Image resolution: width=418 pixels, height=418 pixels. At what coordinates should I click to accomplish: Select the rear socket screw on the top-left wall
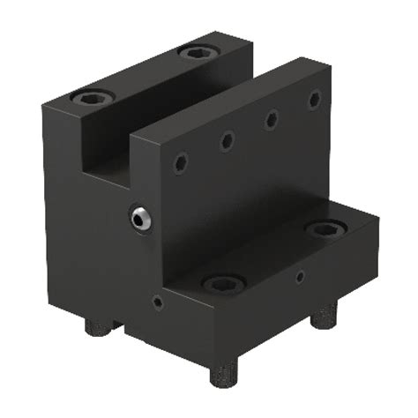pos(196,52)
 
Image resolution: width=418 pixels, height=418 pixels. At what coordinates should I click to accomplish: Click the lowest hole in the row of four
pos(181,162)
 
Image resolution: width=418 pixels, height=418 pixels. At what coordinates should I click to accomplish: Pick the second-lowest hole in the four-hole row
pos(228,139)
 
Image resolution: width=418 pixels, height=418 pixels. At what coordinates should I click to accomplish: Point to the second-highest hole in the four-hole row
pos(272,118)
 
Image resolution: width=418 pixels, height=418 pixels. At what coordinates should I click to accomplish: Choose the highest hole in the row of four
pos(314,99)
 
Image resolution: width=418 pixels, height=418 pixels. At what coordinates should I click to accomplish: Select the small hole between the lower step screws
pos(300,276)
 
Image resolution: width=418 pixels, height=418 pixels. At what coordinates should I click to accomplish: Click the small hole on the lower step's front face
pos(157,302)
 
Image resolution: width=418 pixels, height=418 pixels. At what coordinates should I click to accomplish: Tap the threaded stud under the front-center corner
pos(224,374)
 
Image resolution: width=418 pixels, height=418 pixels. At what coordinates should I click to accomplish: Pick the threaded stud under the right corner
pos(325,314)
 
